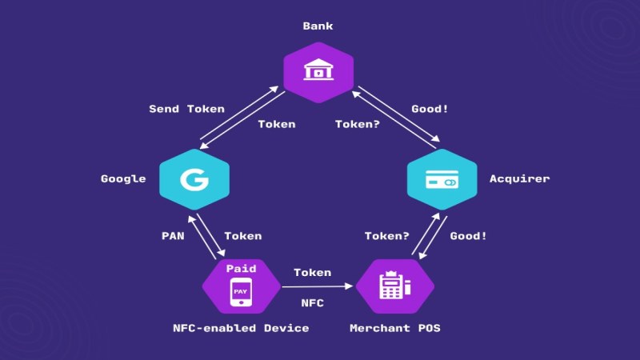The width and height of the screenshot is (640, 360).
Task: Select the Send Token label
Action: click(x=186, y=109)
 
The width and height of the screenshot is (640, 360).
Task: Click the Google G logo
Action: click(x=194, y=179)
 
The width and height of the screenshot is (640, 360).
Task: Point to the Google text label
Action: click(x=123, y=179)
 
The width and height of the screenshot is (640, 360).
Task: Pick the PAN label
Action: click(x=174, y=236)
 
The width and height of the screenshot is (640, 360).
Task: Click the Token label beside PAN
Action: click(x=242, y=236)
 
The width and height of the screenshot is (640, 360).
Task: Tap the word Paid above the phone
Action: click(x=241, y=269)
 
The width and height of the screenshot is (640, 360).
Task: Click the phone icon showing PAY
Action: click(x=241, y=292)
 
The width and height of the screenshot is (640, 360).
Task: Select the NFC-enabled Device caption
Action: click(x=241, y=328)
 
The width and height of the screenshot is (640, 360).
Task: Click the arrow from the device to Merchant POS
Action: click(x=318, y=286)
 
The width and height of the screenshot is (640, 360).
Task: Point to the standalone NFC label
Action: click(x=312, y=303)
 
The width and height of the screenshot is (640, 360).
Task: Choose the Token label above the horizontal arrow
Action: click(x=312, y=273)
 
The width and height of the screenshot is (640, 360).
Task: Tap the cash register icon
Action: click(x=393, y=286)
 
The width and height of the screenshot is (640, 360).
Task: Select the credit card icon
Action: click(x=442, y=179)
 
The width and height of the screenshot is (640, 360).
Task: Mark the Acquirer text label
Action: click(x=519, y=179)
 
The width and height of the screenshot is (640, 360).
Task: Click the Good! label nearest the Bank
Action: click(x=430, y=109)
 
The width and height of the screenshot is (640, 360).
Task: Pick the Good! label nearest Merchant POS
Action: click(x=468, y=236)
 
